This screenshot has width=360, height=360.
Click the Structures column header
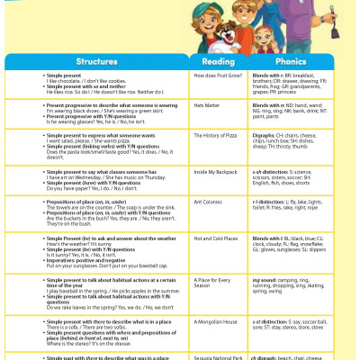(96, 61)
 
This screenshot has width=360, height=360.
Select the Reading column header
(219, 61)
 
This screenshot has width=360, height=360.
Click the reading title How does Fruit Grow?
(214, 75)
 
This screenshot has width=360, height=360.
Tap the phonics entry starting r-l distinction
(301, 204)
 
